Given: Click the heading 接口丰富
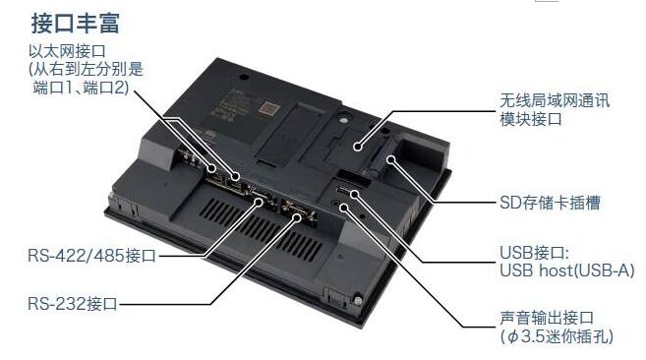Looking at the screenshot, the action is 76,23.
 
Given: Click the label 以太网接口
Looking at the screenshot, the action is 67,51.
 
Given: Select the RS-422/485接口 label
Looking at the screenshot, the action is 91,256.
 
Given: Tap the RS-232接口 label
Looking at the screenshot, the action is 73,304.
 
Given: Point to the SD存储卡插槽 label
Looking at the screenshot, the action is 550,203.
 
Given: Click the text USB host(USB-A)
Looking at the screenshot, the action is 567,270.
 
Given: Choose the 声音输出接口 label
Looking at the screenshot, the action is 547,318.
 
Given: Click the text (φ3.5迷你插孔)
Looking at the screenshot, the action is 557,336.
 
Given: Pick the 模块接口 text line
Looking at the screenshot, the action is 531,119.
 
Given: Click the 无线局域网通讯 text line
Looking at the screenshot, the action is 555,100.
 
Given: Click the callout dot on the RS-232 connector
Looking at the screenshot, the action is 297,217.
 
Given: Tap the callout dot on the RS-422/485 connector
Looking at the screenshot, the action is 259,202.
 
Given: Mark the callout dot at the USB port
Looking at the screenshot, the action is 354,193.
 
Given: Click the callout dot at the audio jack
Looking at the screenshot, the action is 343,207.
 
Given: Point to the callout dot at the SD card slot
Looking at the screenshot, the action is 391,159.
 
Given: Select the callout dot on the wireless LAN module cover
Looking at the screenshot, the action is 358,146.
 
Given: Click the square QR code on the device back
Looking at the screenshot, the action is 269,109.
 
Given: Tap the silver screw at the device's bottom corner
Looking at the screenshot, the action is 358,301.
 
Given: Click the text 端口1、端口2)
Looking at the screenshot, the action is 81,88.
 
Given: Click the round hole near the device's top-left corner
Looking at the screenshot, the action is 244,77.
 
